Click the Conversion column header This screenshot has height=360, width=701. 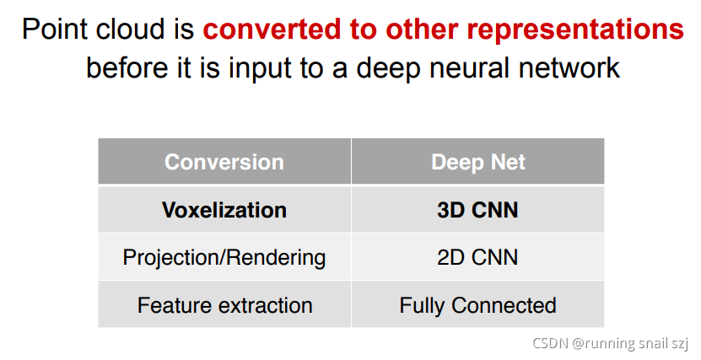coord(224,162)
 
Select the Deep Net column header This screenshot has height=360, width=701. coord(478,162)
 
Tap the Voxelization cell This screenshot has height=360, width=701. coord(224,210)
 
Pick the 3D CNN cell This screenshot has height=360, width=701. coord(477,210)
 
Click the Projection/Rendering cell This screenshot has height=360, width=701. coord(224,258)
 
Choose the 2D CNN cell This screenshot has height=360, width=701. coord(477,257)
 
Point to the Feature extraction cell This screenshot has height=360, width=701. coord(224,305)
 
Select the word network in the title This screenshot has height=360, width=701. coord(569,68)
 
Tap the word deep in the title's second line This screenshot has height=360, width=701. coord(388,69)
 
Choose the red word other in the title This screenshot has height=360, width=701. coord(422,29)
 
